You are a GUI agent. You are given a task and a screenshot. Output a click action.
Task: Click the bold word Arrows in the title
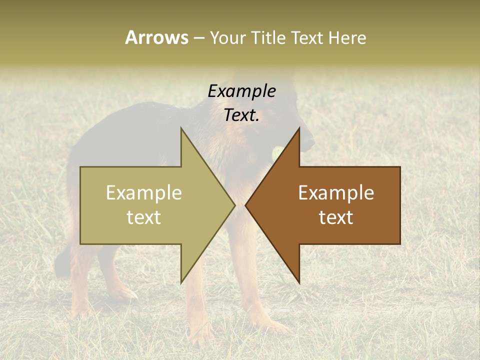(x=156, y=37)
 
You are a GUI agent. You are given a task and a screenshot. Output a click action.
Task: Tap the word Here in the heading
(x=347, y=37)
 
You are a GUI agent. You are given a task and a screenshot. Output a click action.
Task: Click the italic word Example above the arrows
(x=241, y=91)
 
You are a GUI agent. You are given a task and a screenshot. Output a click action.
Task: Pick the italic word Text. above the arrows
(x=241, y=115)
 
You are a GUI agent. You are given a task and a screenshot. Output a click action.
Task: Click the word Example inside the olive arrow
(x=144, y=192)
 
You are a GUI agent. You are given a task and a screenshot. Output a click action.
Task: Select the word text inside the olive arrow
(x=144, y=217)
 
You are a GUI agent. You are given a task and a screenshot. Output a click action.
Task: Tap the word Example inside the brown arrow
(x=336, y=192)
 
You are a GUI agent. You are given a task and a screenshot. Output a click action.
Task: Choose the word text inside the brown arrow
(x=336, y=217)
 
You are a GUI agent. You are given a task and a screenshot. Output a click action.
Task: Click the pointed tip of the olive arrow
(x=234, y=205)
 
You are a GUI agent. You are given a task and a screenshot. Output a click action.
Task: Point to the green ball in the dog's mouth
(x=276, y=151)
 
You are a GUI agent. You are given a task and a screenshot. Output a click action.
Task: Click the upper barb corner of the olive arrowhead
(x=181, y=128)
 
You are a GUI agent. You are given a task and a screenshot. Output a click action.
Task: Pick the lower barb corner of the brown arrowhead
(x=299, y=283)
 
